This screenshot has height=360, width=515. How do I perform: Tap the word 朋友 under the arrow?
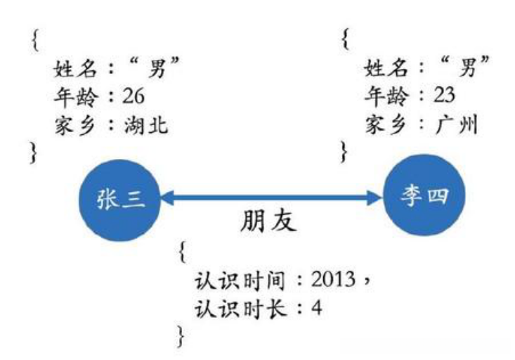point(268,221)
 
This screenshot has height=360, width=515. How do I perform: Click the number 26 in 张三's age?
point(133,96)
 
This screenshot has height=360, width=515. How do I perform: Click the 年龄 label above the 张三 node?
point(72,96)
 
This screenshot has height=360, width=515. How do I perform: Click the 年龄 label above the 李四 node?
point(382,96)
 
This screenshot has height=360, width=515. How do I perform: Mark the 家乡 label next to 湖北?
point(72,125)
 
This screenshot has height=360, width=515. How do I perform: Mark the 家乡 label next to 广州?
point(382,125)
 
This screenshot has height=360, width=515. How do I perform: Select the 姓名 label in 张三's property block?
point(72,69)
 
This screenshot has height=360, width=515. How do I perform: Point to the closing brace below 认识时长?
point(183,335)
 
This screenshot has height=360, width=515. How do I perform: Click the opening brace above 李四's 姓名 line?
point(344,39)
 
